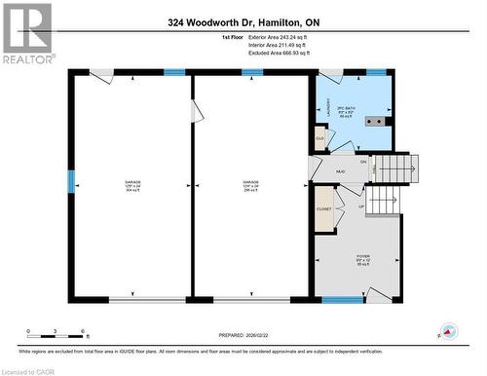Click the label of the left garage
(131, 185)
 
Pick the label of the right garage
(249, 185)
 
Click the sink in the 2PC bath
(373, 122)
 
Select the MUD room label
(341, 171)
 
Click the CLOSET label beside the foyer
(324, 209)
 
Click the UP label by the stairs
(360, 207)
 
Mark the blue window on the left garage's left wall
(70, 181)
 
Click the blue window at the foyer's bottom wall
(336, 300)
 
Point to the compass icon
(448, 331)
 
